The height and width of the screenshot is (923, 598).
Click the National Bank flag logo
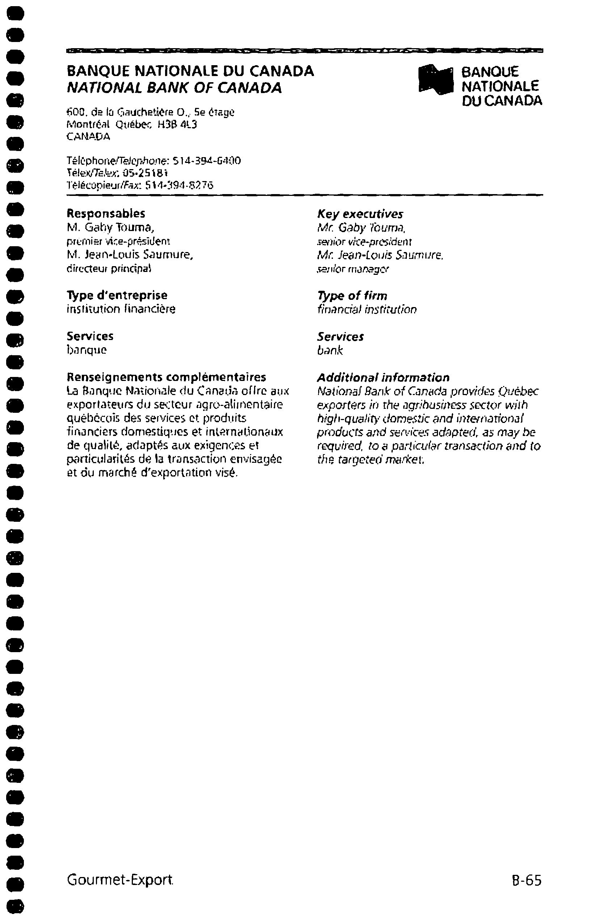tap(435, 79)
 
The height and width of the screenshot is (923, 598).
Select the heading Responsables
tap(106, 213)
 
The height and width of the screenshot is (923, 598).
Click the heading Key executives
tap(360, 214)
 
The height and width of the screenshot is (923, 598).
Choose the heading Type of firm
tap(352, 296)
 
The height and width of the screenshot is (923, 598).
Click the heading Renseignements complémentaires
tap(167, 377)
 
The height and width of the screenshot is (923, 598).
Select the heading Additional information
tap(383, 377)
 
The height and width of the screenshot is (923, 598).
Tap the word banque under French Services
tap(87, 350)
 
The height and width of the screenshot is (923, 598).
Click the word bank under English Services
tap(330, 351)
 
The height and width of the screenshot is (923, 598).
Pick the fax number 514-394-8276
tap(179, 185)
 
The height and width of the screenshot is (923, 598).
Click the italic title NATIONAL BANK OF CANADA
tap(174, 88)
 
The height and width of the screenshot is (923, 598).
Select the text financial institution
tap(367, 310)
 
